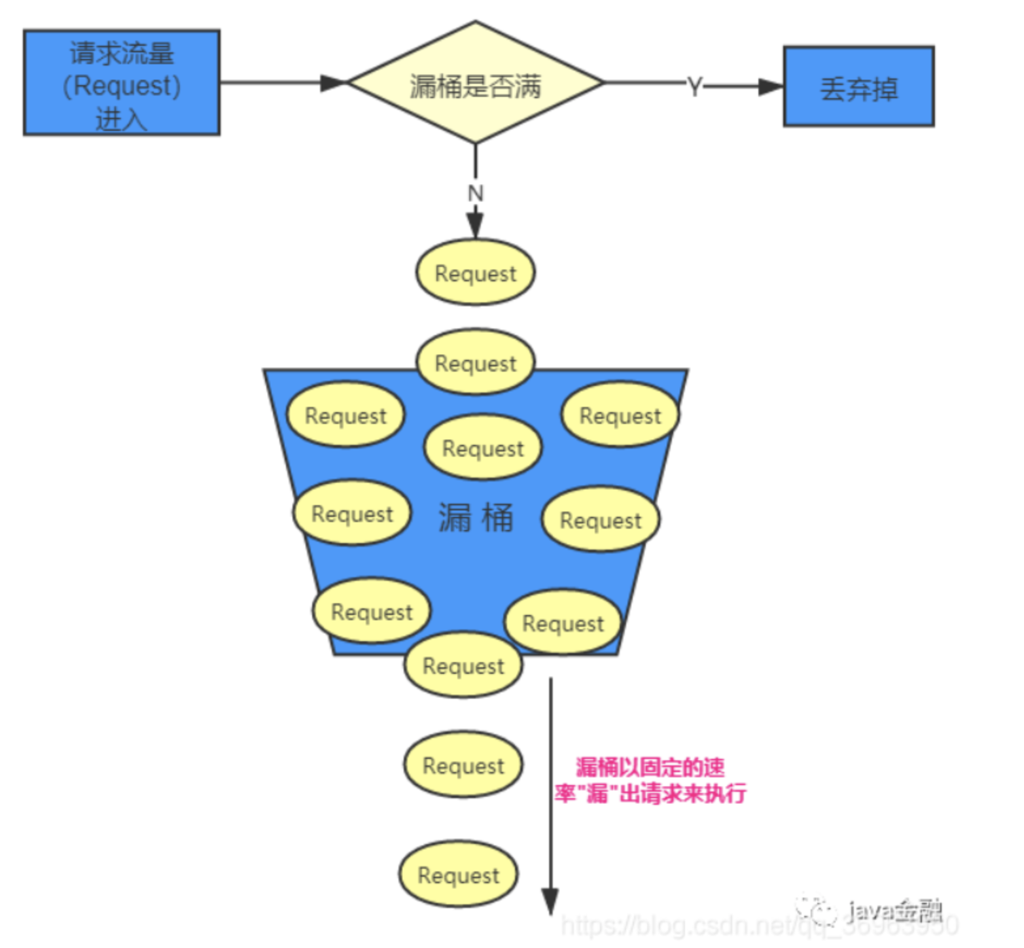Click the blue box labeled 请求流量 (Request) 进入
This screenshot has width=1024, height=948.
click(122, 83)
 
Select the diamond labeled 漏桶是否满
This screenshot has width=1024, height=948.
click(476, 83)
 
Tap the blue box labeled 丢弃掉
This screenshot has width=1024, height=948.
click(858, 87)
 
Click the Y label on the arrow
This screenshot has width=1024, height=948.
click(694, 86)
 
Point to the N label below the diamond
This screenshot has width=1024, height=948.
click(476, 194)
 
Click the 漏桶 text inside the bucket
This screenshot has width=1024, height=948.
click(476, 518)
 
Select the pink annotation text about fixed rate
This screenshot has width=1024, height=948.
click(650, 780)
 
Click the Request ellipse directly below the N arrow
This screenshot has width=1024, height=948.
click(476, 273)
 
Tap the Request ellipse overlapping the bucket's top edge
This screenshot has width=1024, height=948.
click(476, 362)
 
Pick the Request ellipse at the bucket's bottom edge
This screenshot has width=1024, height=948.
click(463, 665)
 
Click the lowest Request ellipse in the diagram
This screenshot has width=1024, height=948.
click(459, 875)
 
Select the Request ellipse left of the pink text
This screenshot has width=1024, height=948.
click(463, 765)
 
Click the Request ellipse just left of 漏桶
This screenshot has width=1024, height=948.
click(352, 514)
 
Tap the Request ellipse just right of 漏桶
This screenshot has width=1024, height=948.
click(601, 519)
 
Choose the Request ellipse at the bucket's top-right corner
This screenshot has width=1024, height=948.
click(620, 415)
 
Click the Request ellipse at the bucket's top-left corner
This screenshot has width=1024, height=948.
click(345, 415)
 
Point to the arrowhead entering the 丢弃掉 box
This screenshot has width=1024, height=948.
click(771, 86)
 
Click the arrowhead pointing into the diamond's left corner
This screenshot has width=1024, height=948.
click(333, 83)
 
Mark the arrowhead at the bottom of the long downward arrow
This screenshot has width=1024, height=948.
click(550, 902)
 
